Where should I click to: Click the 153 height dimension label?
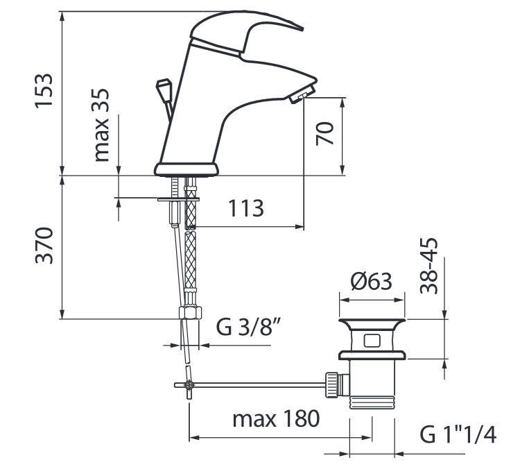(x=44, y=90)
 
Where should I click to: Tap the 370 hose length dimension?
(x=44, y=246)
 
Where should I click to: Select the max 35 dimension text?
(x=101, y=125)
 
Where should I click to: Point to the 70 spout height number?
(x=324, y=134)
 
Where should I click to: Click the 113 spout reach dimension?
(x=246, y=208)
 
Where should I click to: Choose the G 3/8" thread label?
(x=249, y=326)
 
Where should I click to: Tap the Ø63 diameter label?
(x=372, y=281)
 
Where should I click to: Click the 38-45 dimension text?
(x=428, y=266)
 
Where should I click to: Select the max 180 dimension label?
(x=276, y=418)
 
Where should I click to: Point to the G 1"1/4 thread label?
(x=458, y=434)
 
